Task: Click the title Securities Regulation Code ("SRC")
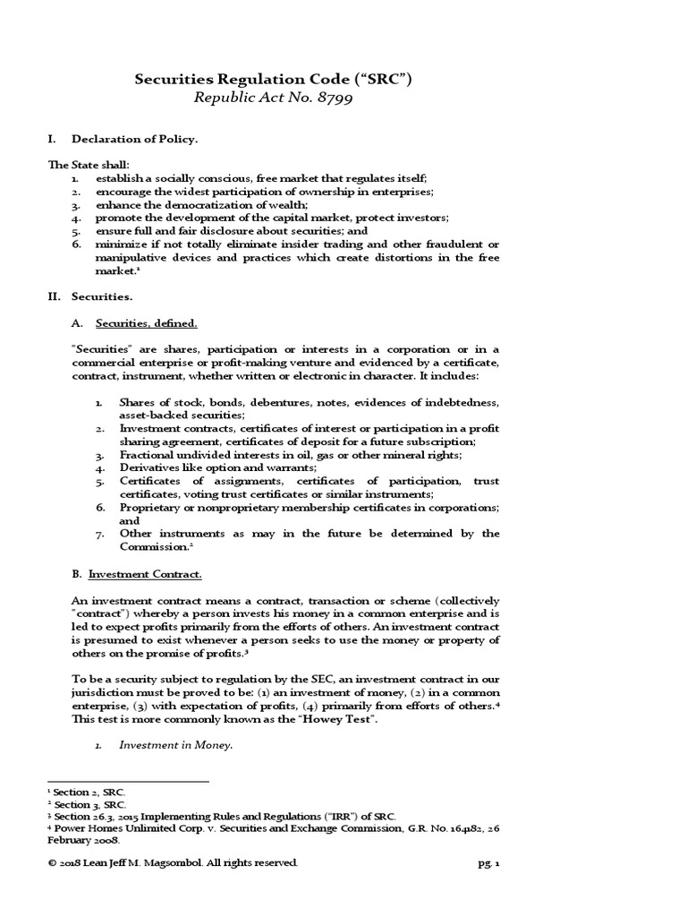click(x=273, y=79)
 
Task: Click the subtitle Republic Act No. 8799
click(x=272, y=99)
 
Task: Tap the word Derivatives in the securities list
click(x=149, y=467)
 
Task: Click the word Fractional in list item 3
click(x=148, y=455)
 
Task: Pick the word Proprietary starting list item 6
click(x=154, y=507)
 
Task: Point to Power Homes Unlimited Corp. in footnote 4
click(x=129, y=828)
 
